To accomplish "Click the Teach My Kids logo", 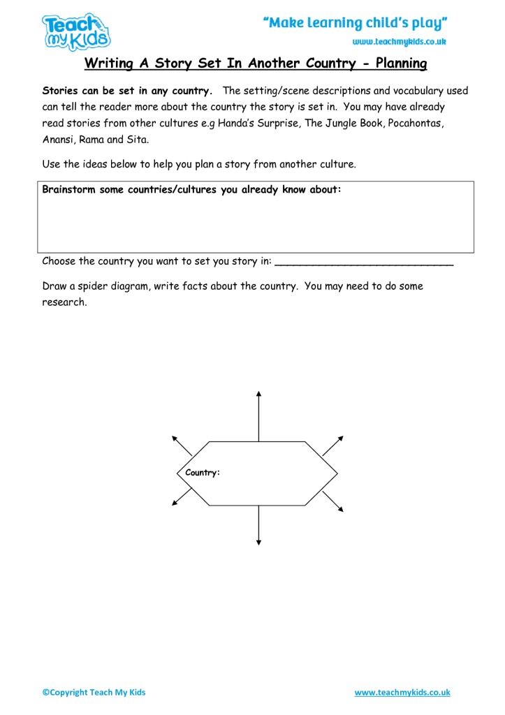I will coord(75,31).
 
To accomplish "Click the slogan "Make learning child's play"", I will coord(355,24).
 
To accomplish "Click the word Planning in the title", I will coord(401,64).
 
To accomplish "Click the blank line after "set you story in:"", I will coord(364,263).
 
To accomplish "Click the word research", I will coord(64,303).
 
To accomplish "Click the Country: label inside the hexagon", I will coord(203,473).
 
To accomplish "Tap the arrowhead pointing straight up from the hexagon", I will coord(259,395).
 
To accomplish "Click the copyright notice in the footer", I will coord(94,693).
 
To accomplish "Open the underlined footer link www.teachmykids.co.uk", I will coord(402,693).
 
